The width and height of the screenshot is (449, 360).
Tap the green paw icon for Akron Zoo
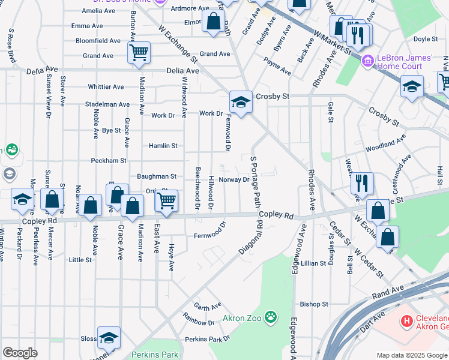pyautogui.click(x=271, y=316)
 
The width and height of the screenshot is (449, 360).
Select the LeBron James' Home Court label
pyautogui.click(x=405, y=61)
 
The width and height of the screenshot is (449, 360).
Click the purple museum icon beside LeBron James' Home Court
pyautogui.click(x=368, y=61)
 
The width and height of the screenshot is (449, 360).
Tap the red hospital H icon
pyautogui.click(x=407, y=322)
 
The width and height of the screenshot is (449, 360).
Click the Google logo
pyautogui.click(x=20, y=353)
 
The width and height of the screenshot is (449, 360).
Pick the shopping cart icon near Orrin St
pyautogui.click(x=166, y=200)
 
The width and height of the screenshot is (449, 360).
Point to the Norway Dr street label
pyautogui.click(x=234, y=179)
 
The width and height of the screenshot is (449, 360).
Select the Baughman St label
pyautogui.click(x=157, y=176)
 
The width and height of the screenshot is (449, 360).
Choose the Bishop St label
pyautogui.click(x=315, y=304)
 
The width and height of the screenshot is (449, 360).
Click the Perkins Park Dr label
pyautogui.click(x=208, y=339)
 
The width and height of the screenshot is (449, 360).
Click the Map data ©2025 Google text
pyautogui.click(x=411, y=355)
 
